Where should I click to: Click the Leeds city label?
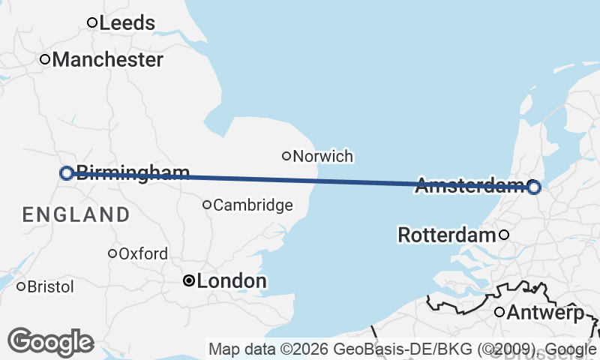[x=127, y=22]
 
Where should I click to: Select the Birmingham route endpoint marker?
[x=66, y=173]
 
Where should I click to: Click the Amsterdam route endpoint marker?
[x=533, y=187]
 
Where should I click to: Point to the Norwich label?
[x=323, y=156]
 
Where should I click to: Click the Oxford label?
[x=143, y=253]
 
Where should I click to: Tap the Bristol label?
[x=51, y=286]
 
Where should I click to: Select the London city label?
[x=231, y=281]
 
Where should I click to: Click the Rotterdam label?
[x=447, y=235]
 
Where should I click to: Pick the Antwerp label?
[x=545, y=312]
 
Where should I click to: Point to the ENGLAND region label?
[x=76, y=214]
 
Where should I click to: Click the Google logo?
[x=51, y=342]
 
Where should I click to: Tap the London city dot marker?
[x=189, y=280]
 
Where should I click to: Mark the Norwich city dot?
[x=286, y=156]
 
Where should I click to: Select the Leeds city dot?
[x=92, y=22]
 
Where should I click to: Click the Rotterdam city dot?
[x=504, y=235]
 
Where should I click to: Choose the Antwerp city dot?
[x=499, y=312]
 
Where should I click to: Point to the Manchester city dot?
[x=45, y=59]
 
